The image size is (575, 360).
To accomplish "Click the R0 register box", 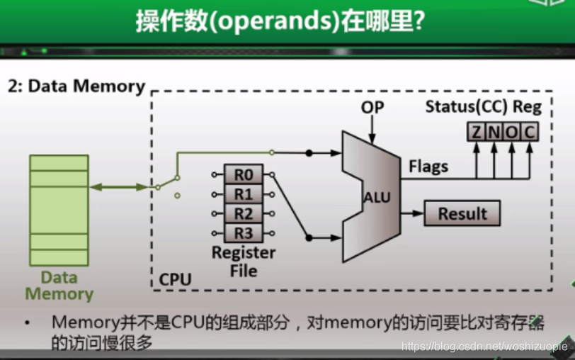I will pyautogui.click(x=244, y=174).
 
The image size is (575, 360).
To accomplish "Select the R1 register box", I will pyautogui.click(x=244, y=193).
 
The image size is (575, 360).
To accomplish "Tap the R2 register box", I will pyautogui.click(x=244, y=213).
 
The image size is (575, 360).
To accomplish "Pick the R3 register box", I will pyautogui.click(x=244, y=232).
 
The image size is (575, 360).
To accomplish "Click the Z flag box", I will pyautogui.click(x=476, y=131).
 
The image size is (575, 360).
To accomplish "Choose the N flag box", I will pyautogui.click(x=494, y=131).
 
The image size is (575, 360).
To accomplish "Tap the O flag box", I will pyautogui.click(x=511, y=131).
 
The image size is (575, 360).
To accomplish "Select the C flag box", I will pyautogui.click(x=528, y=131).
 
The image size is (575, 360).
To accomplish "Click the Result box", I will pyautogui.click(x=462, y=213).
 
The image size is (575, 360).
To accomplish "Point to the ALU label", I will pyautogui.click(x=377, y=198).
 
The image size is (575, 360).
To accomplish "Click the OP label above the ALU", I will pyautogui.click(x=372, y=107).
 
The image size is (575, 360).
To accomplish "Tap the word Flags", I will pyautogui.click(x=428, y=167).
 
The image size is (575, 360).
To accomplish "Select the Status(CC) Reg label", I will pyautogui.click(x=483, y=107).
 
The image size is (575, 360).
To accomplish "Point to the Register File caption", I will pyautogui.click(x=244, y=261).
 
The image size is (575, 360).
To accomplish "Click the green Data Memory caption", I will pyautogui.click(x=59, y=286).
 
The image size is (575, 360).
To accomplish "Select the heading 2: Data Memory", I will pyautogui.click(x=76, y=86).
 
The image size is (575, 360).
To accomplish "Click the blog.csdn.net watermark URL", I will pyautogui.click(x=484, y=347).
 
